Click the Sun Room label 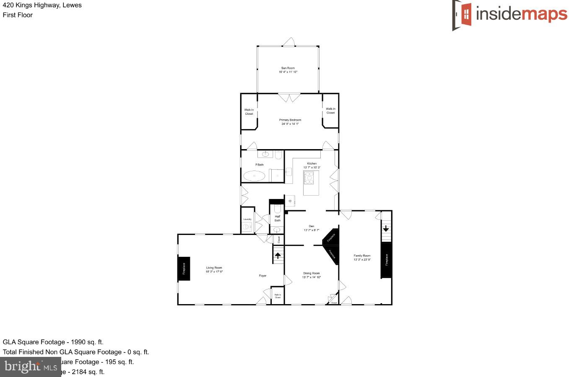288,68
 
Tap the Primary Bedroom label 290,120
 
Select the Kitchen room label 312,163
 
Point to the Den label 311,226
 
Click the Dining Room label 311,274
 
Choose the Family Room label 362,256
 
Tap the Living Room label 214,268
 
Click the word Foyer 262,276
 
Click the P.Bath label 260,165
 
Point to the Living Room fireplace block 184,269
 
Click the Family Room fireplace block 386,260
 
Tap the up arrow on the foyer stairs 278,255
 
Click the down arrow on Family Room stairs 386,229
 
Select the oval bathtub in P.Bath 254,176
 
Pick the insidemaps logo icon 462,15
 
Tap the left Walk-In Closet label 249,112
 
